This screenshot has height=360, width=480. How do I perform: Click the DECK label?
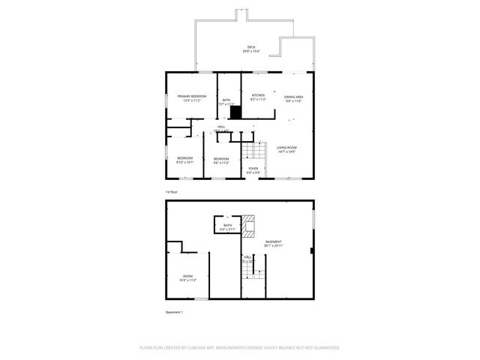[251, 47]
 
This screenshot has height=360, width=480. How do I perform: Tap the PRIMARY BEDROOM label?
[191, 97]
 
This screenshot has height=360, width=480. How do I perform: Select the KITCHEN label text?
[258, 95]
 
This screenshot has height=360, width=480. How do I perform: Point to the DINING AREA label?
[293, 97]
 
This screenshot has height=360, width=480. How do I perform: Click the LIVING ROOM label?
[286, 148]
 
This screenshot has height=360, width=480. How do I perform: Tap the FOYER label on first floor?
[253, 168]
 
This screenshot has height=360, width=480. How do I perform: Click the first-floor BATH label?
[226, 100]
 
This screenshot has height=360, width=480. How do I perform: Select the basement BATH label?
[227, 225]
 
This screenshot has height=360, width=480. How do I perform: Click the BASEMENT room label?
[274, 241]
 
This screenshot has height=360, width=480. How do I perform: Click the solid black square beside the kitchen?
[235, 112]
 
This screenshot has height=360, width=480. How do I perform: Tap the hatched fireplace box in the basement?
[250, 228]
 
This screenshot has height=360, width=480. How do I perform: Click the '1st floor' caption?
[172, 192]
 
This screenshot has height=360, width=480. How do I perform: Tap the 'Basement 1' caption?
[174, 312]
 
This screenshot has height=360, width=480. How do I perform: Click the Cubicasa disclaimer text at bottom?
[240, 347]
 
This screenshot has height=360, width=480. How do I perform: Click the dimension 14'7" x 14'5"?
[286, 152]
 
